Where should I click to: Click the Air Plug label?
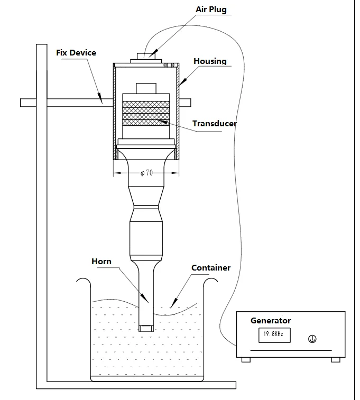click(211, 10)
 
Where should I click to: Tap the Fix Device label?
click(76, 53)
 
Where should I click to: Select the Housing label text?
click(210, 61)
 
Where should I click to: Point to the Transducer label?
click(215, 124)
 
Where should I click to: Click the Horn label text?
click(101, 262)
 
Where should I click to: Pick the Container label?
click(210, 268)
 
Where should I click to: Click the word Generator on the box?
click(270, 320)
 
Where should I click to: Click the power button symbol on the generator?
click(312, 339)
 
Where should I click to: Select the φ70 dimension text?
click(146, 173)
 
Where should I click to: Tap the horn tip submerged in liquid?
click(146, 328)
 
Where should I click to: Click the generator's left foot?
click(246, 359)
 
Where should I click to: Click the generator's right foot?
click(335, 359)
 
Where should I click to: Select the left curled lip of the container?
click(82, 282)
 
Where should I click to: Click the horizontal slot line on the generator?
click(291, 350)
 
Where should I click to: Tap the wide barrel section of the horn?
click(146, 240)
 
